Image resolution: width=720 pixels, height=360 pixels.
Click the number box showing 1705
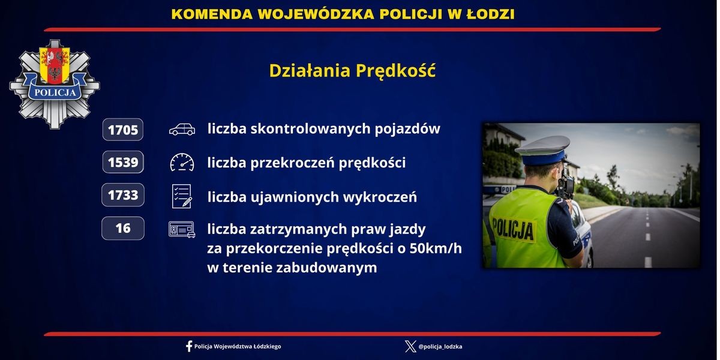[123, 130]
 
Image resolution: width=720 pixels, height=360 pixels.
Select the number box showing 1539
[123, 162]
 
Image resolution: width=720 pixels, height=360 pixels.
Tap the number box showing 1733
[123, 195]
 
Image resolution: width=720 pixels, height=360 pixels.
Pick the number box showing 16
[123, 228]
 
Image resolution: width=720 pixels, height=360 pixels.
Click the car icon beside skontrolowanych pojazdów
[182, 129]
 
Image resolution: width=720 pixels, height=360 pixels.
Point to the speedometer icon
[182, 163]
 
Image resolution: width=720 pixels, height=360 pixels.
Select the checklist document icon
[182, 196]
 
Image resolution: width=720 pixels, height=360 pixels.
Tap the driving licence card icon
[182, 229]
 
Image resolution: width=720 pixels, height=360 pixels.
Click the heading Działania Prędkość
[352, 70]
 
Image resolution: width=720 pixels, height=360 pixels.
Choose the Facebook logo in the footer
[189, 346]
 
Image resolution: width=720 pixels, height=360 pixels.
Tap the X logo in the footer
[410, 346]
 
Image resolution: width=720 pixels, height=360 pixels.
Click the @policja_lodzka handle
[440, 346]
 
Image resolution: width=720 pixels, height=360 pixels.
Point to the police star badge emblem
[55, 84]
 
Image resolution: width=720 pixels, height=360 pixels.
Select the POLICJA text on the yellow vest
[513, 229]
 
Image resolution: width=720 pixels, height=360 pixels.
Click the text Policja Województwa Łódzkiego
[238, 346]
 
